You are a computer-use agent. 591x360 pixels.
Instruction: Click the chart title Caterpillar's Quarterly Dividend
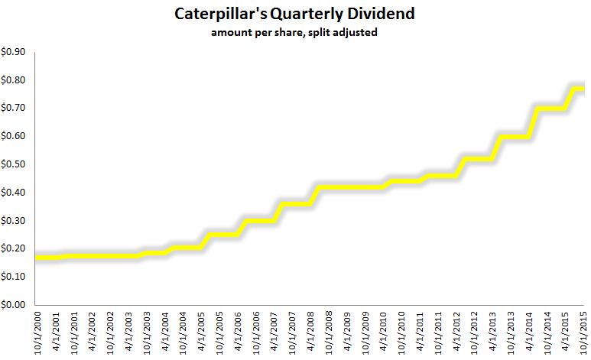coord(295,14)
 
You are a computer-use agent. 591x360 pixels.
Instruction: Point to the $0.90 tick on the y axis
coord(14,52)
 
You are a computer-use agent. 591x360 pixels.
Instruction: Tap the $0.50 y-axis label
coord(14,164)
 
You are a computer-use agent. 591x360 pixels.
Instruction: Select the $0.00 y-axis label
coord(14,304)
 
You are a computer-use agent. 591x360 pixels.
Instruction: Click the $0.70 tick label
coord(14,108)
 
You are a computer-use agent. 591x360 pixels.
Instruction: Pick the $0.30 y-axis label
coord(14,220)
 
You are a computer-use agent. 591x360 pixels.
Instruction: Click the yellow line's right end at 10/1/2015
coord(584,89)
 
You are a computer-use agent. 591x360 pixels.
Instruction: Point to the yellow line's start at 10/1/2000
coord(37,257)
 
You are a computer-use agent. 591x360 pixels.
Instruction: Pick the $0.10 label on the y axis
coord(14,276)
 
